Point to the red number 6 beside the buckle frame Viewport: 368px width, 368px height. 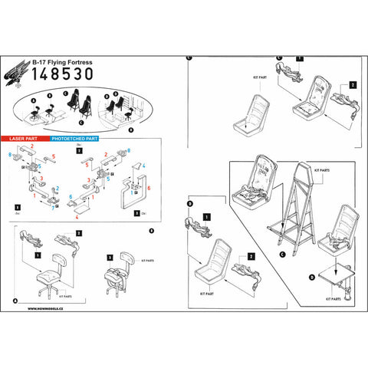pyautogui.click(x=148, y=187)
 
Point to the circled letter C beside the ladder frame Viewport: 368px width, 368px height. pyautogui.click(x=283, y=253)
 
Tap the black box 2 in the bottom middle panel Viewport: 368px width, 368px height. pyautogui.click(x=251, y=256)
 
